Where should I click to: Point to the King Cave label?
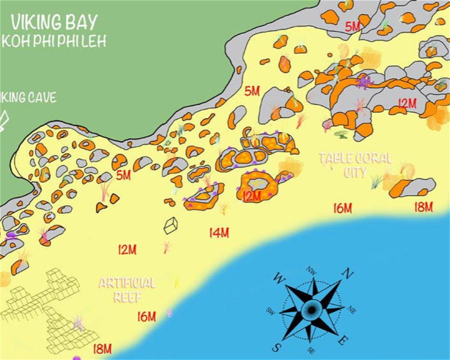[28, 97]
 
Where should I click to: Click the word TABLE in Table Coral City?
[336, 158]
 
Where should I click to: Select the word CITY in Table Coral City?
[355, 172]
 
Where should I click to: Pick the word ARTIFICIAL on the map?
[127, 283]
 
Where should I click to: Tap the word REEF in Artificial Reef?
[127, 296]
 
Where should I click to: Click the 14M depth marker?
[219, 232]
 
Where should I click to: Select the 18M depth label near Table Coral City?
[423, 206]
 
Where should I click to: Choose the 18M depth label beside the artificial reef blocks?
[102, 349]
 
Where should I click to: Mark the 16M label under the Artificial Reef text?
[146, 317]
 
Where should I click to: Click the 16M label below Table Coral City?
[342, 209]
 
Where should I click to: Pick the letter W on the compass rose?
[280, 278]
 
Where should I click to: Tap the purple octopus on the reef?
[364, 82]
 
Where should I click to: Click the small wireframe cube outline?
[171, 226]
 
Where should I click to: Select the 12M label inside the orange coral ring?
[251, 196]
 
